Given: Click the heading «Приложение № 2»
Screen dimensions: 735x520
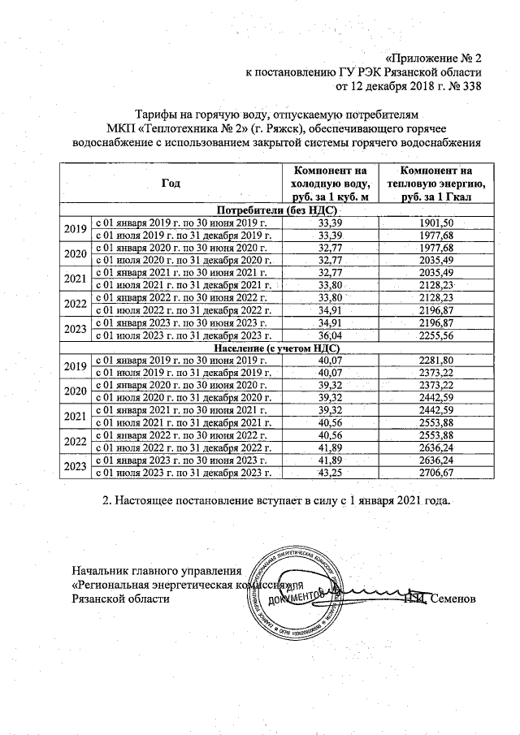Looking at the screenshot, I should click(x=435, y=58).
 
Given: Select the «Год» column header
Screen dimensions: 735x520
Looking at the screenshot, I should click(x=171, y=184).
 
